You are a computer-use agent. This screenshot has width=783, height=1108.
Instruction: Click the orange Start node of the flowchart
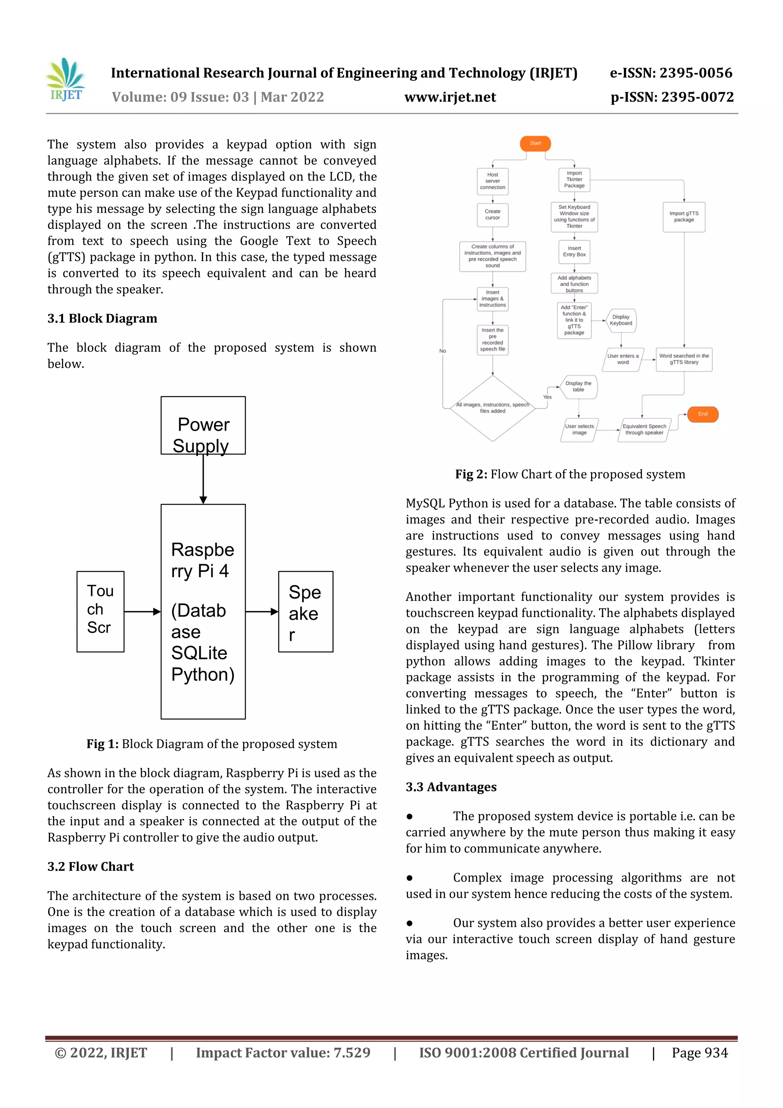coord(535,143)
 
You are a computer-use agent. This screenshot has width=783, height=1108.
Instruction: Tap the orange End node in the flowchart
coord(702,414)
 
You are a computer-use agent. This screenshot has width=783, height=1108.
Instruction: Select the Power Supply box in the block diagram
coord(203,425)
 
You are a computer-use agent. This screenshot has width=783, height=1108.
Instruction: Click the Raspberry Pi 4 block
coord(203,612)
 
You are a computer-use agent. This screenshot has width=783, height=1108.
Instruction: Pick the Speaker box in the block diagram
coord(305,612)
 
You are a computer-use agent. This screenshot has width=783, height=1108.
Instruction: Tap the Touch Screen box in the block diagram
coord(100,612)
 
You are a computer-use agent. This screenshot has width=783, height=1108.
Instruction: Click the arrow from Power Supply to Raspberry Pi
coord(203,479)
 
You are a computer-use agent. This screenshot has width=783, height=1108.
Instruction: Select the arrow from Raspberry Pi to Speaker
coord(262,612)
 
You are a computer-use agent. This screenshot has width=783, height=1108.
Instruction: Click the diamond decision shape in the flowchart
coord(492,408)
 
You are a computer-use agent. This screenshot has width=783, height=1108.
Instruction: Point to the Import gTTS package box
coord(684,217)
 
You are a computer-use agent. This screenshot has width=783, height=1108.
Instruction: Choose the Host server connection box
coord(492,181)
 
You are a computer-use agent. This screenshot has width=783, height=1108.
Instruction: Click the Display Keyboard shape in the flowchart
coord(621,321)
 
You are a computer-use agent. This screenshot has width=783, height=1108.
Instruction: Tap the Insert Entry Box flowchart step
coord(574,251)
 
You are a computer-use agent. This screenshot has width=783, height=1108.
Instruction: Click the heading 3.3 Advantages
coord(451,787)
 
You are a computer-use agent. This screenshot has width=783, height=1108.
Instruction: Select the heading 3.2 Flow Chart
coord(91,867)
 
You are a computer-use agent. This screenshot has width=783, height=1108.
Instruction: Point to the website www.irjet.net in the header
coord(450,97)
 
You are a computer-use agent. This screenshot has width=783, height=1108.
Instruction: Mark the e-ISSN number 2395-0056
coord(695,73)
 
